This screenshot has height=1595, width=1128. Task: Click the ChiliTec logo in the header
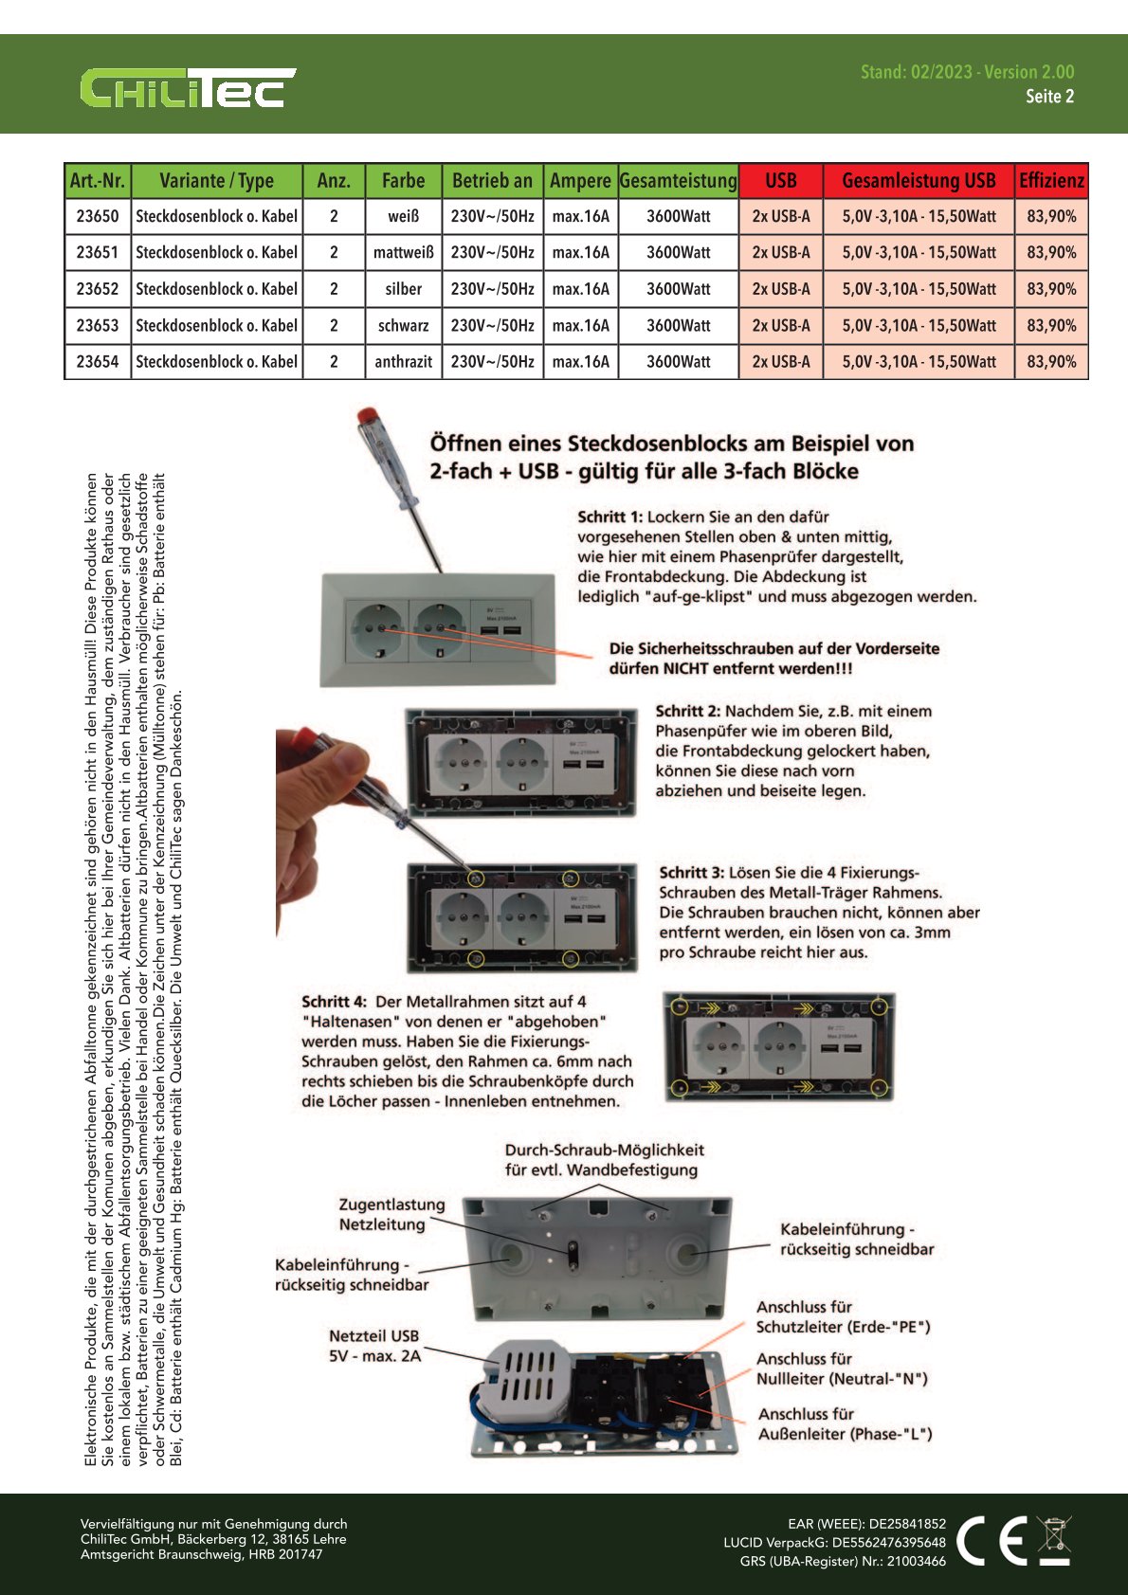pyautogui.click(x=187, y=88)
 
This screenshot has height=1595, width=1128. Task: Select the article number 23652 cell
pyautogui.click(x=98, y=289)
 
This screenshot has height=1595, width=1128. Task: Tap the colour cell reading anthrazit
pyautogui.click(x=403, y=362)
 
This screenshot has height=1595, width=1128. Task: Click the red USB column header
pyautogui.click(x=780, y=180)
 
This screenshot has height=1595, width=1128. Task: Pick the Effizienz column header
pyautogui.click(x=1051, y=180)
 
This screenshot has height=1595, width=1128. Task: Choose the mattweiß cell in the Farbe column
pyautogui.click(x=403, y=253)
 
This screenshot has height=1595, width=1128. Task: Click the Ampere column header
pyautogui.click(x=580, y=180)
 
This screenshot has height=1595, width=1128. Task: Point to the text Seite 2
pyautogui.click(x=1049, y=97)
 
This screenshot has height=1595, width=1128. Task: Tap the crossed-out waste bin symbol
pyautogui.click(x=1054, y=1540)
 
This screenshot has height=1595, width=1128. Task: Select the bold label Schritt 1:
pyautogui.click(x=609, y=517)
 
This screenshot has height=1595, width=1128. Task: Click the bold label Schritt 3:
pyautogui.click(x=691, y=873)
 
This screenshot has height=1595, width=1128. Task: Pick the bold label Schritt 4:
pyautogui.click(x=334, y=1002)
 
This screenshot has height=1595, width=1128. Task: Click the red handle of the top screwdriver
pyautogui.click(x=367, y=419)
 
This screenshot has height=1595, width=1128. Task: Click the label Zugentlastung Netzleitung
pyautogui.click(x=391, y=1215)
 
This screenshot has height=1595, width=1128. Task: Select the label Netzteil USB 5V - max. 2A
pyautogui.click(x=374, y=1346)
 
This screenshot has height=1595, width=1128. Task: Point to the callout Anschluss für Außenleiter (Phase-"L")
pyautogui.click(x=845, y=1424)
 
